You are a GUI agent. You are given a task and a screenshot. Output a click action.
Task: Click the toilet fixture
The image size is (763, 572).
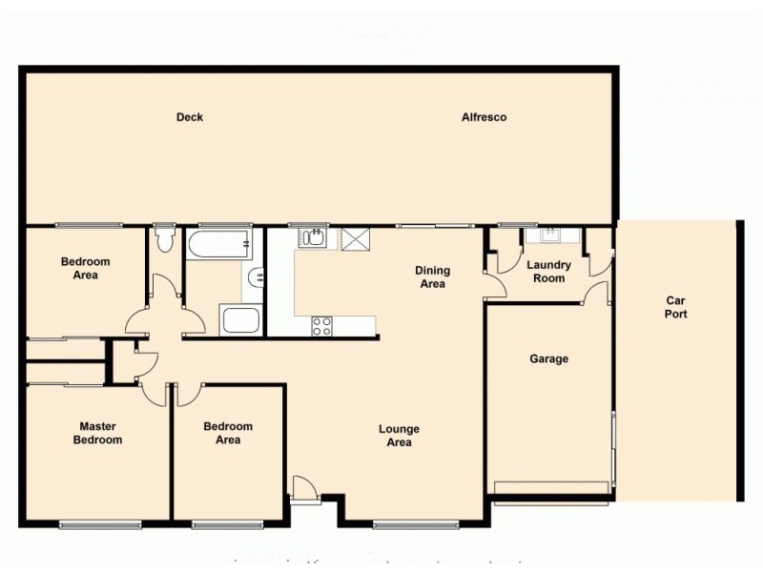(x=164, y=238)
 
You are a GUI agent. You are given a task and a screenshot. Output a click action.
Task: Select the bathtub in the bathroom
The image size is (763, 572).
(x=219, y=244)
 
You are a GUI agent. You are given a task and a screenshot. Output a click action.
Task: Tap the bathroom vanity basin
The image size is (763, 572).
(x=255, y=279)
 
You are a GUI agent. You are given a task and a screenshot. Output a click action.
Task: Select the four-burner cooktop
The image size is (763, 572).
(x=322, y=325)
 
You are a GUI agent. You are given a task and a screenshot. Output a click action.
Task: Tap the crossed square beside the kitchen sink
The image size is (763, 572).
(x=355, y=237)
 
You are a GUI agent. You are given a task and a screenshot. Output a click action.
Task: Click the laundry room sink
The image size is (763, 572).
(x=549, y=236)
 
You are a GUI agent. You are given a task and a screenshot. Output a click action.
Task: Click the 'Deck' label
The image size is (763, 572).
(x=190, y=117)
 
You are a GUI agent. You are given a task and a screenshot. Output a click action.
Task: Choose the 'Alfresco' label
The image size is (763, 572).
(x=484, y=117)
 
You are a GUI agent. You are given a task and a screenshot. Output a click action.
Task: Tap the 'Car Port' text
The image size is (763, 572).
(x=675, y=307)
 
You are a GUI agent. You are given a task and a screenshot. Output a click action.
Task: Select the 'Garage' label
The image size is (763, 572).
(x=548, y=359)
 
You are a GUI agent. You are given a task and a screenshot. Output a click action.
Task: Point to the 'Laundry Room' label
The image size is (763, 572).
(x=549, y=272)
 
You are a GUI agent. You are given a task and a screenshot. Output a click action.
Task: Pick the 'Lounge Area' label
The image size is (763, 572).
(x=399, y=436)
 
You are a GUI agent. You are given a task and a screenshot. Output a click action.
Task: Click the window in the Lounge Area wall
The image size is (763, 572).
(x=403, y=523)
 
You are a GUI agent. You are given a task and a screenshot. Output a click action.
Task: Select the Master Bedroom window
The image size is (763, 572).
(x=99, y=523)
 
